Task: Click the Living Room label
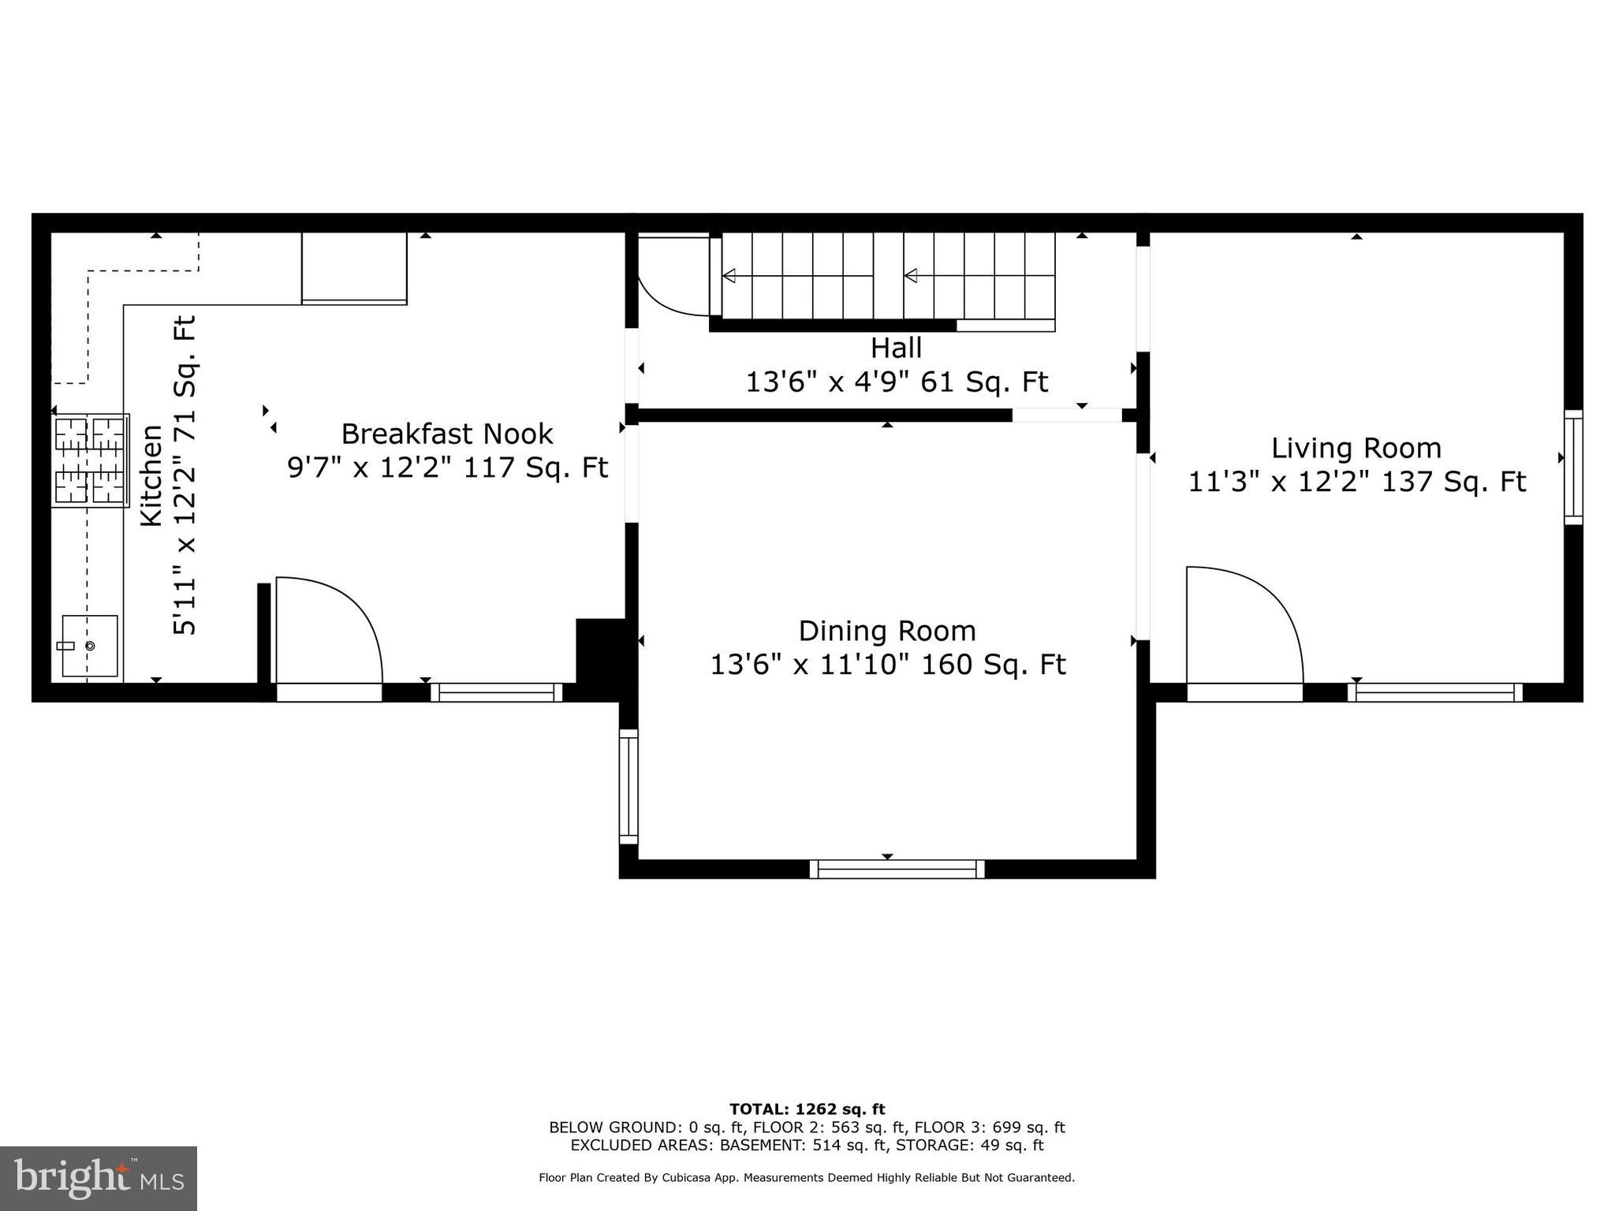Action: tap(1356, 449)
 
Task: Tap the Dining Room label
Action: tap(887, 632)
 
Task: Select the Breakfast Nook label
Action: tap(447, 434)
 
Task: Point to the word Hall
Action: tap(896, 348)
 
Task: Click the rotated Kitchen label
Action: tap(151, 475)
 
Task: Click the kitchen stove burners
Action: tap(91, 460)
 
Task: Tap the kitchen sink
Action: tap(90, 646)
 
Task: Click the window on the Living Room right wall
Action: tap(1573, 467)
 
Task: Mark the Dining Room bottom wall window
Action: tap(897, 869)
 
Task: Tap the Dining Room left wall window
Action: tap(628, 786)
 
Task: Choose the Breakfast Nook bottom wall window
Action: tap(497, 692)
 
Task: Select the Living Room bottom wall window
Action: tap(1435, 692)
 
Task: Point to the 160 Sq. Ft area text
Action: tap(994, 665)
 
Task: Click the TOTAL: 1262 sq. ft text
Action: tap(807, 1110)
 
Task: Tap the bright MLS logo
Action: tap(99, 1179)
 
